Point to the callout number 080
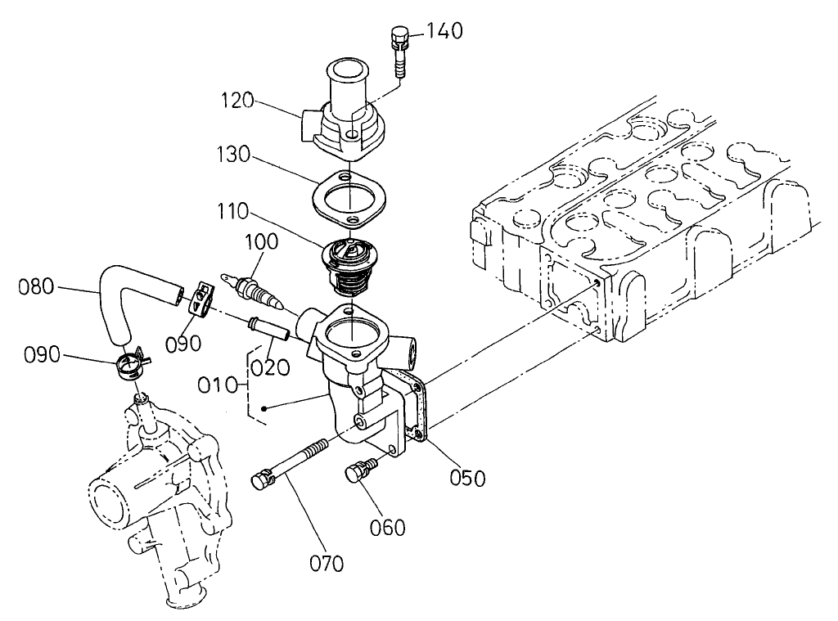38,286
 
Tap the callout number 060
387,528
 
